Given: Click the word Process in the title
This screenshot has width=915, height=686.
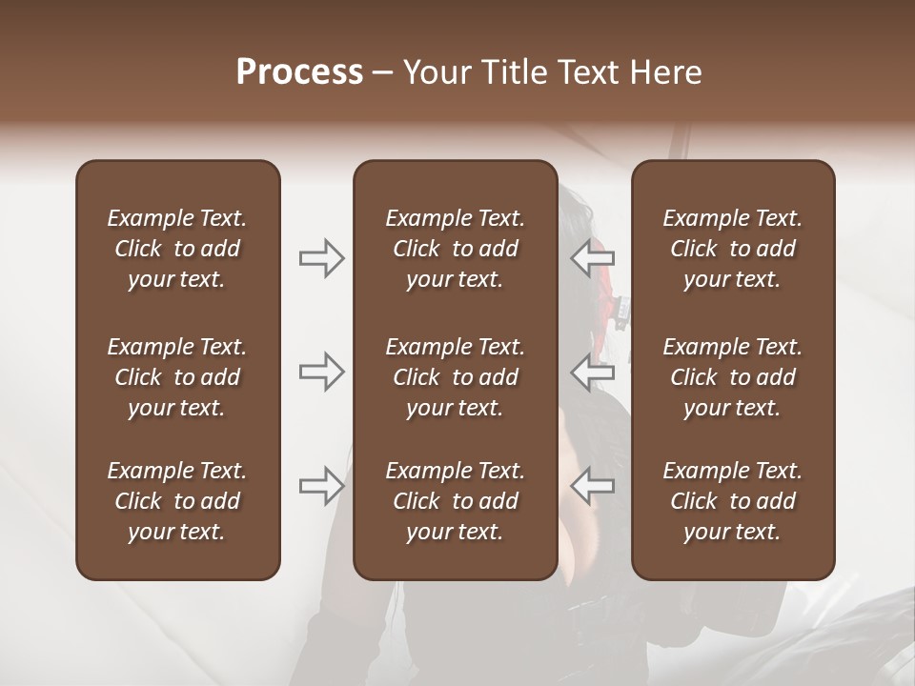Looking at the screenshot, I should [299, 72].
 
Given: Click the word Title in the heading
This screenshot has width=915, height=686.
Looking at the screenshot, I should [517, 72].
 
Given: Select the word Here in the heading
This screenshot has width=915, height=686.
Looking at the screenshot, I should [666, 72].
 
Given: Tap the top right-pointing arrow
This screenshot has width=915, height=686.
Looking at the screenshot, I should [321, 258].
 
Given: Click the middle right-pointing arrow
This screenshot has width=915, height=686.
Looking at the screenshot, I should [321, 372].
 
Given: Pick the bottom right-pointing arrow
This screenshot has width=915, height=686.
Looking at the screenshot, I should [321, 485].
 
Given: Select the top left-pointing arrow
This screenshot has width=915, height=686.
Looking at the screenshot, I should [593, 258].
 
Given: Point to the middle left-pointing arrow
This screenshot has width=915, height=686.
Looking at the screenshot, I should [593, 372].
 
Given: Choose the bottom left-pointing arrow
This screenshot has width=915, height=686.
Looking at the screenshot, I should [593, 485].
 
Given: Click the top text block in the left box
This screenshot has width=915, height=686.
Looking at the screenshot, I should [177, 249].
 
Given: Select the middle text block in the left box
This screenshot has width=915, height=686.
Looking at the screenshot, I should [177, 377].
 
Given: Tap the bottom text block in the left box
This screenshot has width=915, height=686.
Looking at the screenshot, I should [177, 501].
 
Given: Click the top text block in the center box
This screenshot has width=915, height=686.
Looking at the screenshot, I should [455, 249].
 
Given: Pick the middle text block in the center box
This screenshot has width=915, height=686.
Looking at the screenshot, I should [455, 377].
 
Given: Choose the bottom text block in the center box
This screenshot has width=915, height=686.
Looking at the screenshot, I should [455, 501].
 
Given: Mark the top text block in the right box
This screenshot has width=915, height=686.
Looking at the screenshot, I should [733, 249].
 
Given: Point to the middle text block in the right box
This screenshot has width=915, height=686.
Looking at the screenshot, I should [733, 377].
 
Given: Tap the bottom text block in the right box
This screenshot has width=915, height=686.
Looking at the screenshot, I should [733, 501].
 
